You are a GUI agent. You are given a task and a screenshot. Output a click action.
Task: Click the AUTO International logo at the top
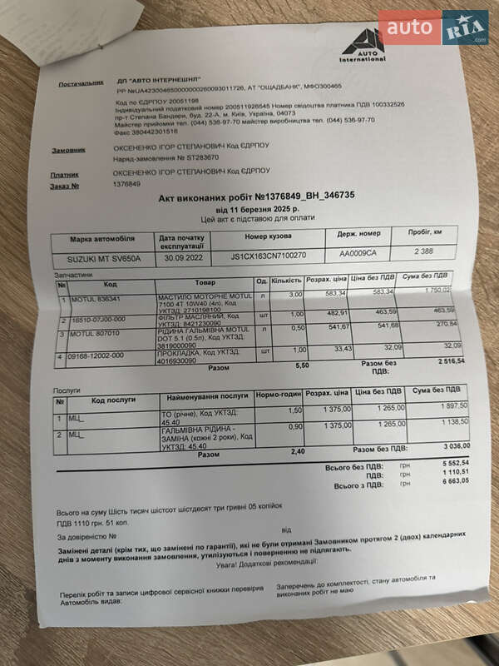coord(363,44)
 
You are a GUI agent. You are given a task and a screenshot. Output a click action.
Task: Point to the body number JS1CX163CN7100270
coord(268,256)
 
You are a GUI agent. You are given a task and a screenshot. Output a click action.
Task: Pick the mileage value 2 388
coord(423,251)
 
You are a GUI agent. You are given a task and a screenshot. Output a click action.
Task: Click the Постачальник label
coord(80,84)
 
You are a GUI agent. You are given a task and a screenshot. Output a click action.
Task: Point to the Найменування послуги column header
coord(205,396)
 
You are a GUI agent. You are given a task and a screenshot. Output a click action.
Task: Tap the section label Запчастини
coord(74,274)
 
